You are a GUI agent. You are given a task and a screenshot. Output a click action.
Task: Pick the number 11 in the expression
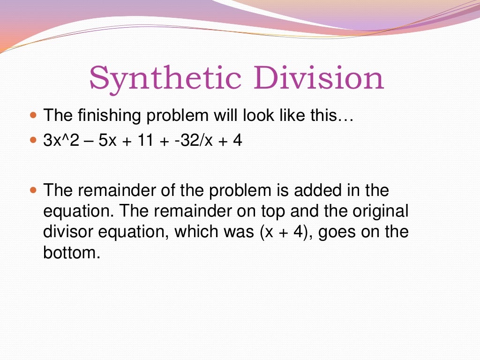[x=145, y=140]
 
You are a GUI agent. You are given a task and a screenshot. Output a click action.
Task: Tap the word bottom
[x=72, y=253]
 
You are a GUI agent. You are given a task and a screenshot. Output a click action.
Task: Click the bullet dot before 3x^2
[x=32, y=140]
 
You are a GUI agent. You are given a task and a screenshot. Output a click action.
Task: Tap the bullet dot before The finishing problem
[x=32, y=115]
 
